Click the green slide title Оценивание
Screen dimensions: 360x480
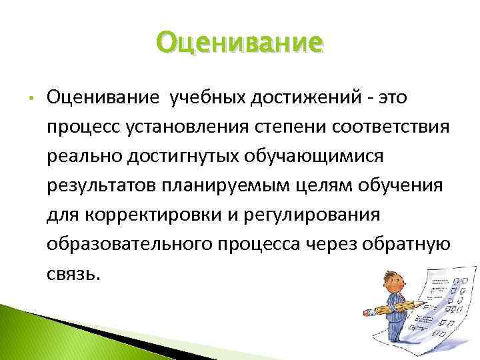[240, 44]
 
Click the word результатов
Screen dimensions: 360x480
[99, 183]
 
